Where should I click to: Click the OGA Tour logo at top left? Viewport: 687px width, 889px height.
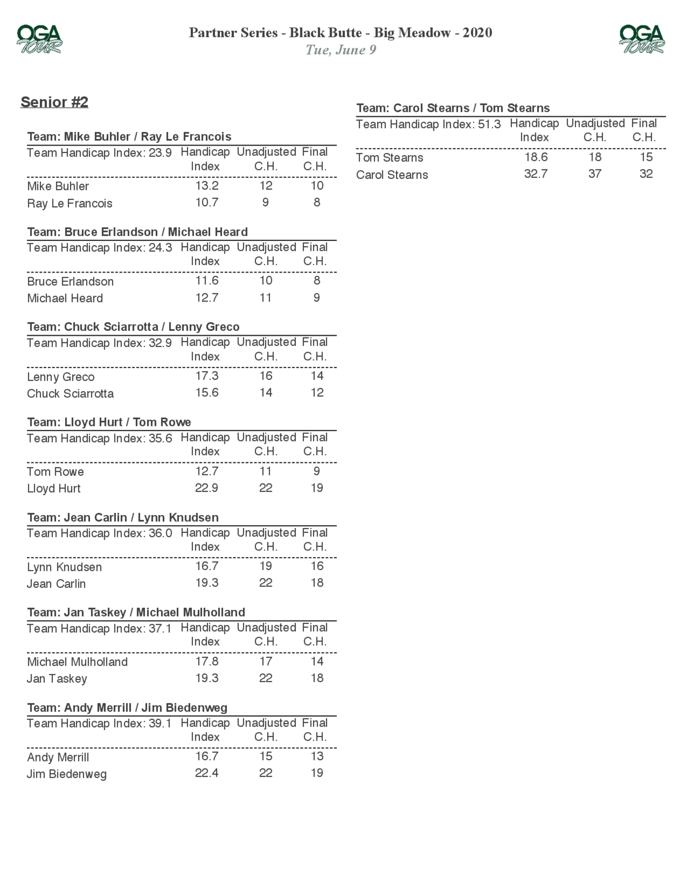(39, 39)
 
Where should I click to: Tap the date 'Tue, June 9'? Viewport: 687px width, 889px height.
(341, 50)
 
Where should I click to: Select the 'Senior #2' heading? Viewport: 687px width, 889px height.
(55, 102)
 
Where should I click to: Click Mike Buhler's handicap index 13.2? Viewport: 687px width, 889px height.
(207, 185)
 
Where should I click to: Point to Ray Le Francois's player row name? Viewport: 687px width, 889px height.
(70, 203)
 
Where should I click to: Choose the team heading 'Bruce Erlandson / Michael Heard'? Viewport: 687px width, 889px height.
(137, 232)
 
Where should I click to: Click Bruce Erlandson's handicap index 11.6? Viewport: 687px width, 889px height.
(207, 280)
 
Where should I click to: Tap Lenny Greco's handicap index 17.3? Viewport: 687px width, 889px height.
(207, 376)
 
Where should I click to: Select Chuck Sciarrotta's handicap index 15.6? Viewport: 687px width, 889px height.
(207, 392)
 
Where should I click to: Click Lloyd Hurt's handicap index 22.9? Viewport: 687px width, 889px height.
(206, 488)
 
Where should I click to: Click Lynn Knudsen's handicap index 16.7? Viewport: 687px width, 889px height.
(207, 566)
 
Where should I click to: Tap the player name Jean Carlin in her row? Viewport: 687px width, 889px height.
(56, 584)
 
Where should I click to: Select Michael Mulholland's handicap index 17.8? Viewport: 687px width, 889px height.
(207, 661)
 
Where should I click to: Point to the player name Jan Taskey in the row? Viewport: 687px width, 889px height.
(57, 678)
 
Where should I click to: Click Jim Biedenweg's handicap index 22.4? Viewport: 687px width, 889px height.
(206, 773)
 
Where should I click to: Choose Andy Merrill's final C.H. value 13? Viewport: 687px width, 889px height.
(317, 756)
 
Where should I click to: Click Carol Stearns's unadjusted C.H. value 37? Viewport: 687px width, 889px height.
(595, 174)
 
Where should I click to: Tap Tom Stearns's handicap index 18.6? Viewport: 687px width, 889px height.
(536, 157)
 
